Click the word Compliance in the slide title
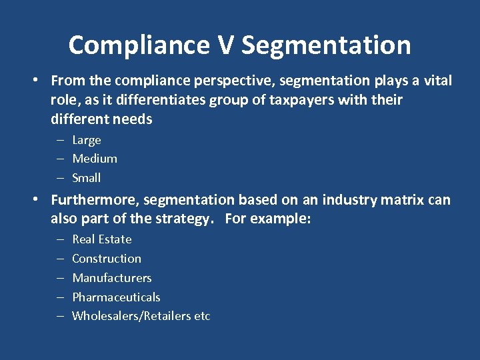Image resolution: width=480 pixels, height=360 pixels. pyautogui.click(x=139, y=45)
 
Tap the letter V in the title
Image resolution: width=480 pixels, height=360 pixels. pyautogui.click(x=225, y=45)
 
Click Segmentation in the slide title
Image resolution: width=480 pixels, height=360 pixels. pyautogui.click(x=326, y=45)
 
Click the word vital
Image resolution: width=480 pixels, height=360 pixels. pyautogui.click(x=436, y=81)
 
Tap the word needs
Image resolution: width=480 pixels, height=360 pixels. pyautogui.click(x=134, y=119)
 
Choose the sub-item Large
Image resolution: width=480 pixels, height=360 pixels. pyautogui.click(x=87, y=140)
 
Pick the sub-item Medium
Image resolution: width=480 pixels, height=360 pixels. pyautogui.click(x=95, y=159)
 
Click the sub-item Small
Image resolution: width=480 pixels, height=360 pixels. pyautogui.click(x=87, y=178)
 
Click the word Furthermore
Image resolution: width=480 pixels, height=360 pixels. pyautogui.click(x=95, y=200)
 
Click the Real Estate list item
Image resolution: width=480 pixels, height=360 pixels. pyautogui.click(x=102, y=239)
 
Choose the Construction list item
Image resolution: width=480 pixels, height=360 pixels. pyautogui.click(x=107, y=259)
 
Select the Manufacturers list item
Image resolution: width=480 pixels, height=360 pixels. pyautogui.click(x=112, y=278)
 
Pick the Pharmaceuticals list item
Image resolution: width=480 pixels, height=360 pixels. pyautogui.click(x=116, y=297)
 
